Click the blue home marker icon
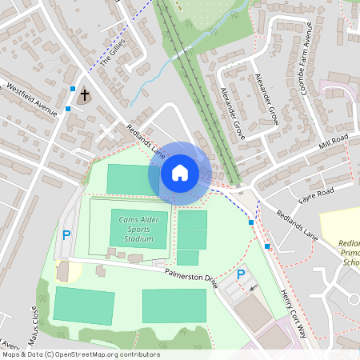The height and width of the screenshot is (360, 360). click(179, 172)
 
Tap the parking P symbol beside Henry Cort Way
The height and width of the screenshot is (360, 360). click(241, 274)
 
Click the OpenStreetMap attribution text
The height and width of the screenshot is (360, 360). click(80, 354)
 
